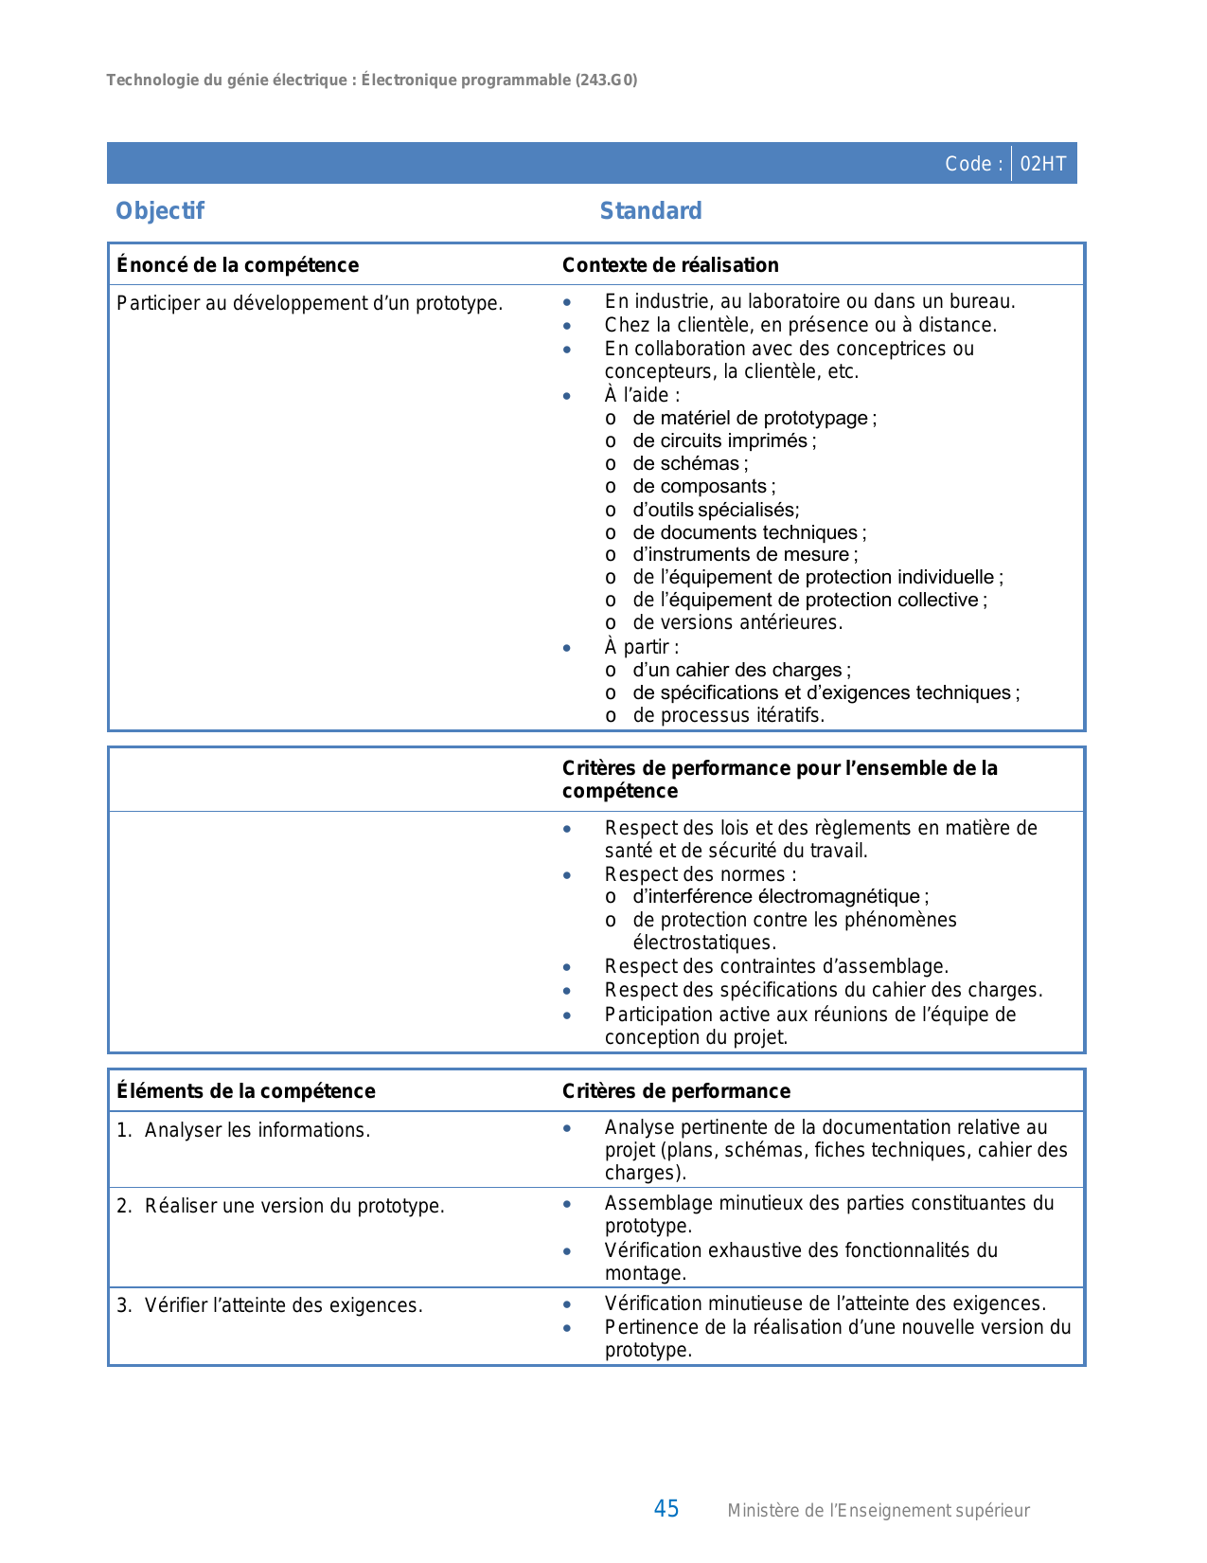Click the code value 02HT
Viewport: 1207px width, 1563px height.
pyautogui.click(x=1042, y=164)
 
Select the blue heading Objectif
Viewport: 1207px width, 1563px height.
pyautogui.click(x=159, y=211)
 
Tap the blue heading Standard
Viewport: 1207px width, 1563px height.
pyautogui.click(x=650, y=211)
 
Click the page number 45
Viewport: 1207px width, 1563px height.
pyautogui.click(x=666, y=1509)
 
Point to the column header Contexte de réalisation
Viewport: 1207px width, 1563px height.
pyautogui.click(x=669, y=265)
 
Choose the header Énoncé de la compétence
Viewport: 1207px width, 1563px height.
pyautogui.click(x=237, y=265)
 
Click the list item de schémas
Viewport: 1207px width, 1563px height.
pyautogui.click(x=689, y=463)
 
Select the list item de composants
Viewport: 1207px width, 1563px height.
pyautogui.click(x=703, y=486)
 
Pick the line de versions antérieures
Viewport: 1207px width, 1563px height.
pyautogui.click(x=737, y=622)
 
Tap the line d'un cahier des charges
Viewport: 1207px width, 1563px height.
pyautogui.click(x=741, y=670)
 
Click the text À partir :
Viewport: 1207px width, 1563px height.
pyautogui.click(x=641, y=647)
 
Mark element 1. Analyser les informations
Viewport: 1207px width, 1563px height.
pyautogui.click(x=243, y=1130)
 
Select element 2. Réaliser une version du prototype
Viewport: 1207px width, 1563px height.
pyautogui.click(x=280, y=1206)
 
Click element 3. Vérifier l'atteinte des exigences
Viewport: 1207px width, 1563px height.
pyautogui.click(x=269, y=1305)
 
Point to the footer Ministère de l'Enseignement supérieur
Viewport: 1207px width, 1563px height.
pyautogui.click(x=878, y=1511)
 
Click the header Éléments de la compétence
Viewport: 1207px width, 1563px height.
pyautogui.click(x=245, y=1091)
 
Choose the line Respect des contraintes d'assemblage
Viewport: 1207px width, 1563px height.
pyautogui.click(x=776, y=966)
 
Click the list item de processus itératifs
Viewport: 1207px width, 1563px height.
pyautogui.click(x=728, y=715)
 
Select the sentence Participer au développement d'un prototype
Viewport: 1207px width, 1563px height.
pyautogui.click(x=309, y=303)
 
